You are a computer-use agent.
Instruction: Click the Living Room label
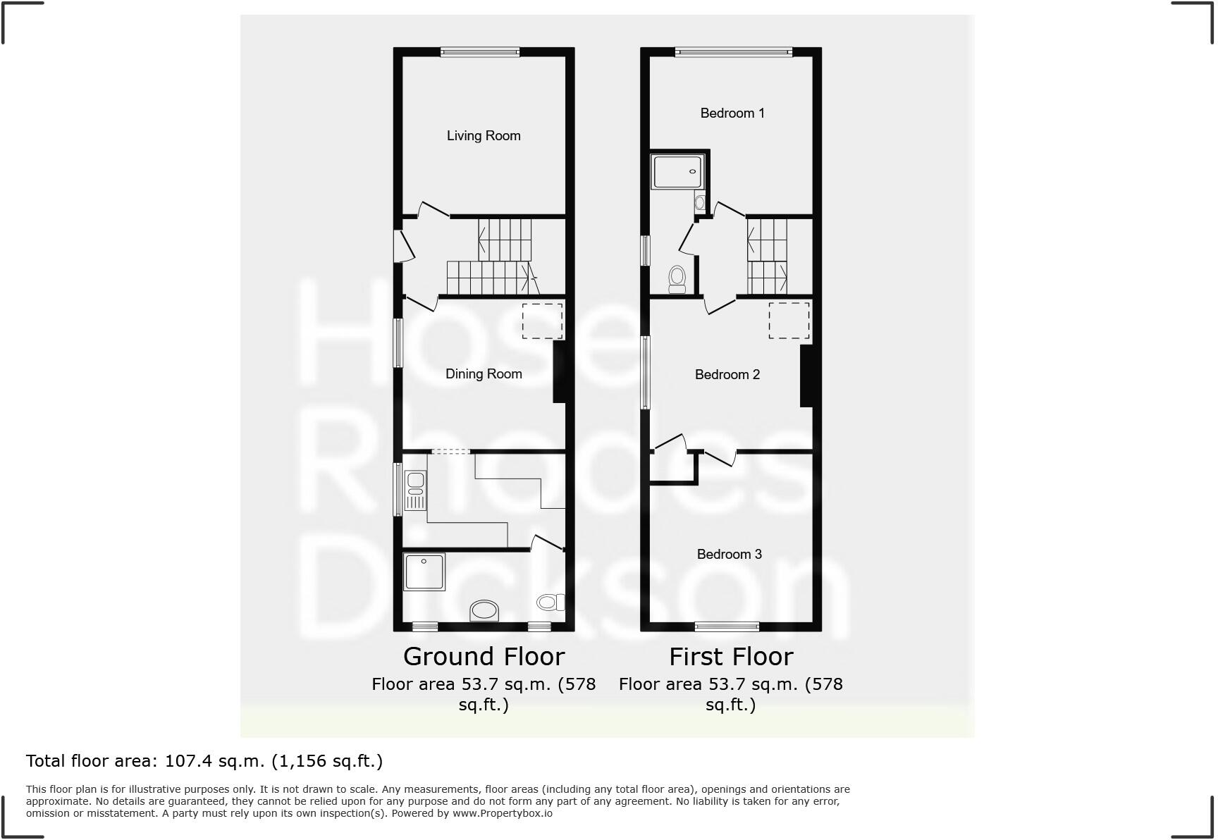point(484,136)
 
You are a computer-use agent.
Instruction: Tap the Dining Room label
point(484,374)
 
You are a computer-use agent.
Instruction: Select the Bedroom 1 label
point(732,113)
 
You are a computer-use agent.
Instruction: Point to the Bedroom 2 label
point(727,375)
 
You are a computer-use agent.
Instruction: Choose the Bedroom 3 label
point(730,555)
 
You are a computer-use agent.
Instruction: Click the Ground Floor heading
point(484,657)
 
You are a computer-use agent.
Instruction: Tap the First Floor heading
point(731,657)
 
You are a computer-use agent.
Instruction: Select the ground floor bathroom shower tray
point(424,572)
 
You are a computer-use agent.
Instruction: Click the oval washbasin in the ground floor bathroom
point(484,610)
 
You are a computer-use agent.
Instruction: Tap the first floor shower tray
point(677,171)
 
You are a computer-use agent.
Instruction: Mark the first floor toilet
point(677,279)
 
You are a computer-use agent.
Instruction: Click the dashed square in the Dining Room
point(542,321)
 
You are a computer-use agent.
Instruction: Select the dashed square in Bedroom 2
point(789,321)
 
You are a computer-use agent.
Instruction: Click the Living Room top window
point(480,51)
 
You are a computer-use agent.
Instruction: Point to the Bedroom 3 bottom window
point(727,626)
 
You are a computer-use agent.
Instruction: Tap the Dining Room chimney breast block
point(559,372)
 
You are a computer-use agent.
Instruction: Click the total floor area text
point(204,761)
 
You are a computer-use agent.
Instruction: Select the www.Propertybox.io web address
point(502,813)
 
